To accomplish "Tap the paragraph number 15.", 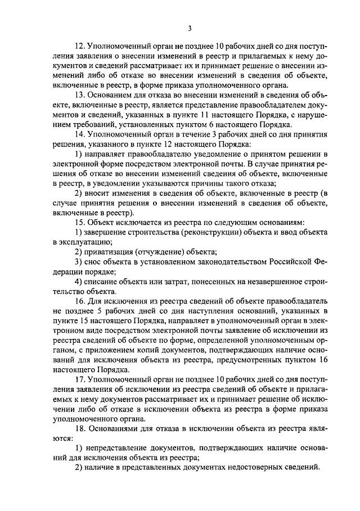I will coord(79,222).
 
